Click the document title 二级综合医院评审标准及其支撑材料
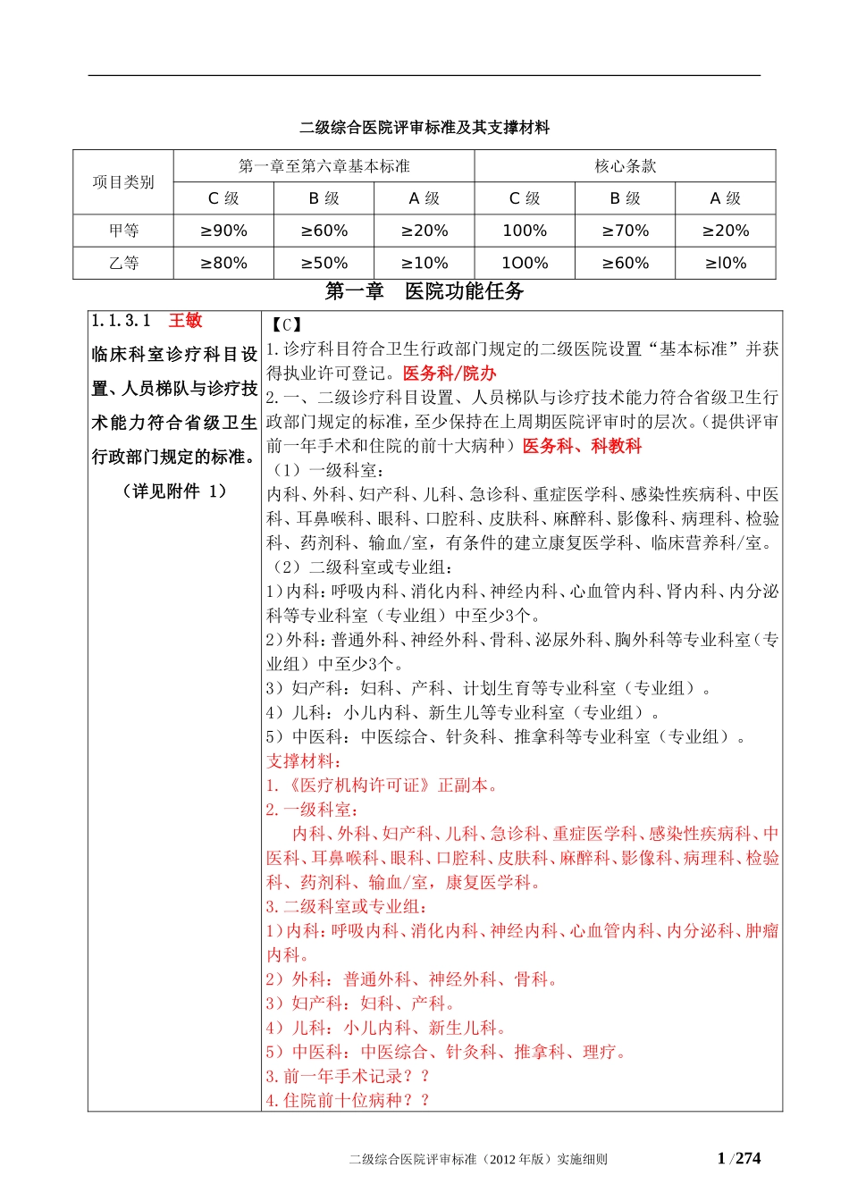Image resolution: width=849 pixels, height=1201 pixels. click(424, 128)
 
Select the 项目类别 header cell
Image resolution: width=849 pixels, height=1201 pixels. click(123, 182)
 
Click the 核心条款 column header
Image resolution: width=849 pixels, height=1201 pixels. click(625, 166)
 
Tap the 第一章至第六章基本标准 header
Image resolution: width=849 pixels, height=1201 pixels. click(324, 166)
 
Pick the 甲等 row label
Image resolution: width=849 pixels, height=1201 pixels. click(123, 231)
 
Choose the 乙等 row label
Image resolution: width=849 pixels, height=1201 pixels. click(123, 263)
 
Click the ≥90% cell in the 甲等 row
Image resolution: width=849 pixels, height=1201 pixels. click(223, 231)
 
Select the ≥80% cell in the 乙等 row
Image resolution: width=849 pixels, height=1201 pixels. click(223, 263)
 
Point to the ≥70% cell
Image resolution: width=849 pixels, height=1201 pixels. click(625, 231)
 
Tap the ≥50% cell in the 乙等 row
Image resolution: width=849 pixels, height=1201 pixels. click(324, 263)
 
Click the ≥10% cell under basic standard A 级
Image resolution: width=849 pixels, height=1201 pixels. click(424, 263)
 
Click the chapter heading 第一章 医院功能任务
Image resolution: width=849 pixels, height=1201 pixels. click(424, 291)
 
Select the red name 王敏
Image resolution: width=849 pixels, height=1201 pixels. click(186, 321)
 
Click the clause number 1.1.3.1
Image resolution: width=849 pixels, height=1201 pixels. click(122, 321)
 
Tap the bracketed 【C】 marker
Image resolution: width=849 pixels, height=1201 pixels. click(286, 325)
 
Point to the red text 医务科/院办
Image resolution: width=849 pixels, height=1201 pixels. click(450, 374)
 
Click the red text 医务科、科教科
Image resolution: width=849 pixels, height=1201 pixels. click(582, 446)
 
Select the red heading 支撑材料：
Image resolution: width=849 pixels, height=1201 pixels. click(304, 761)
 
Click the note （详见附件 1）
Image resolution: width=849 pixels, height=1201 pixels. click(174, 491)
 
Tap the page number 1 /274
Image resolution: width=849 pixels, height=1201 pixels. click(739, 1159)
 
